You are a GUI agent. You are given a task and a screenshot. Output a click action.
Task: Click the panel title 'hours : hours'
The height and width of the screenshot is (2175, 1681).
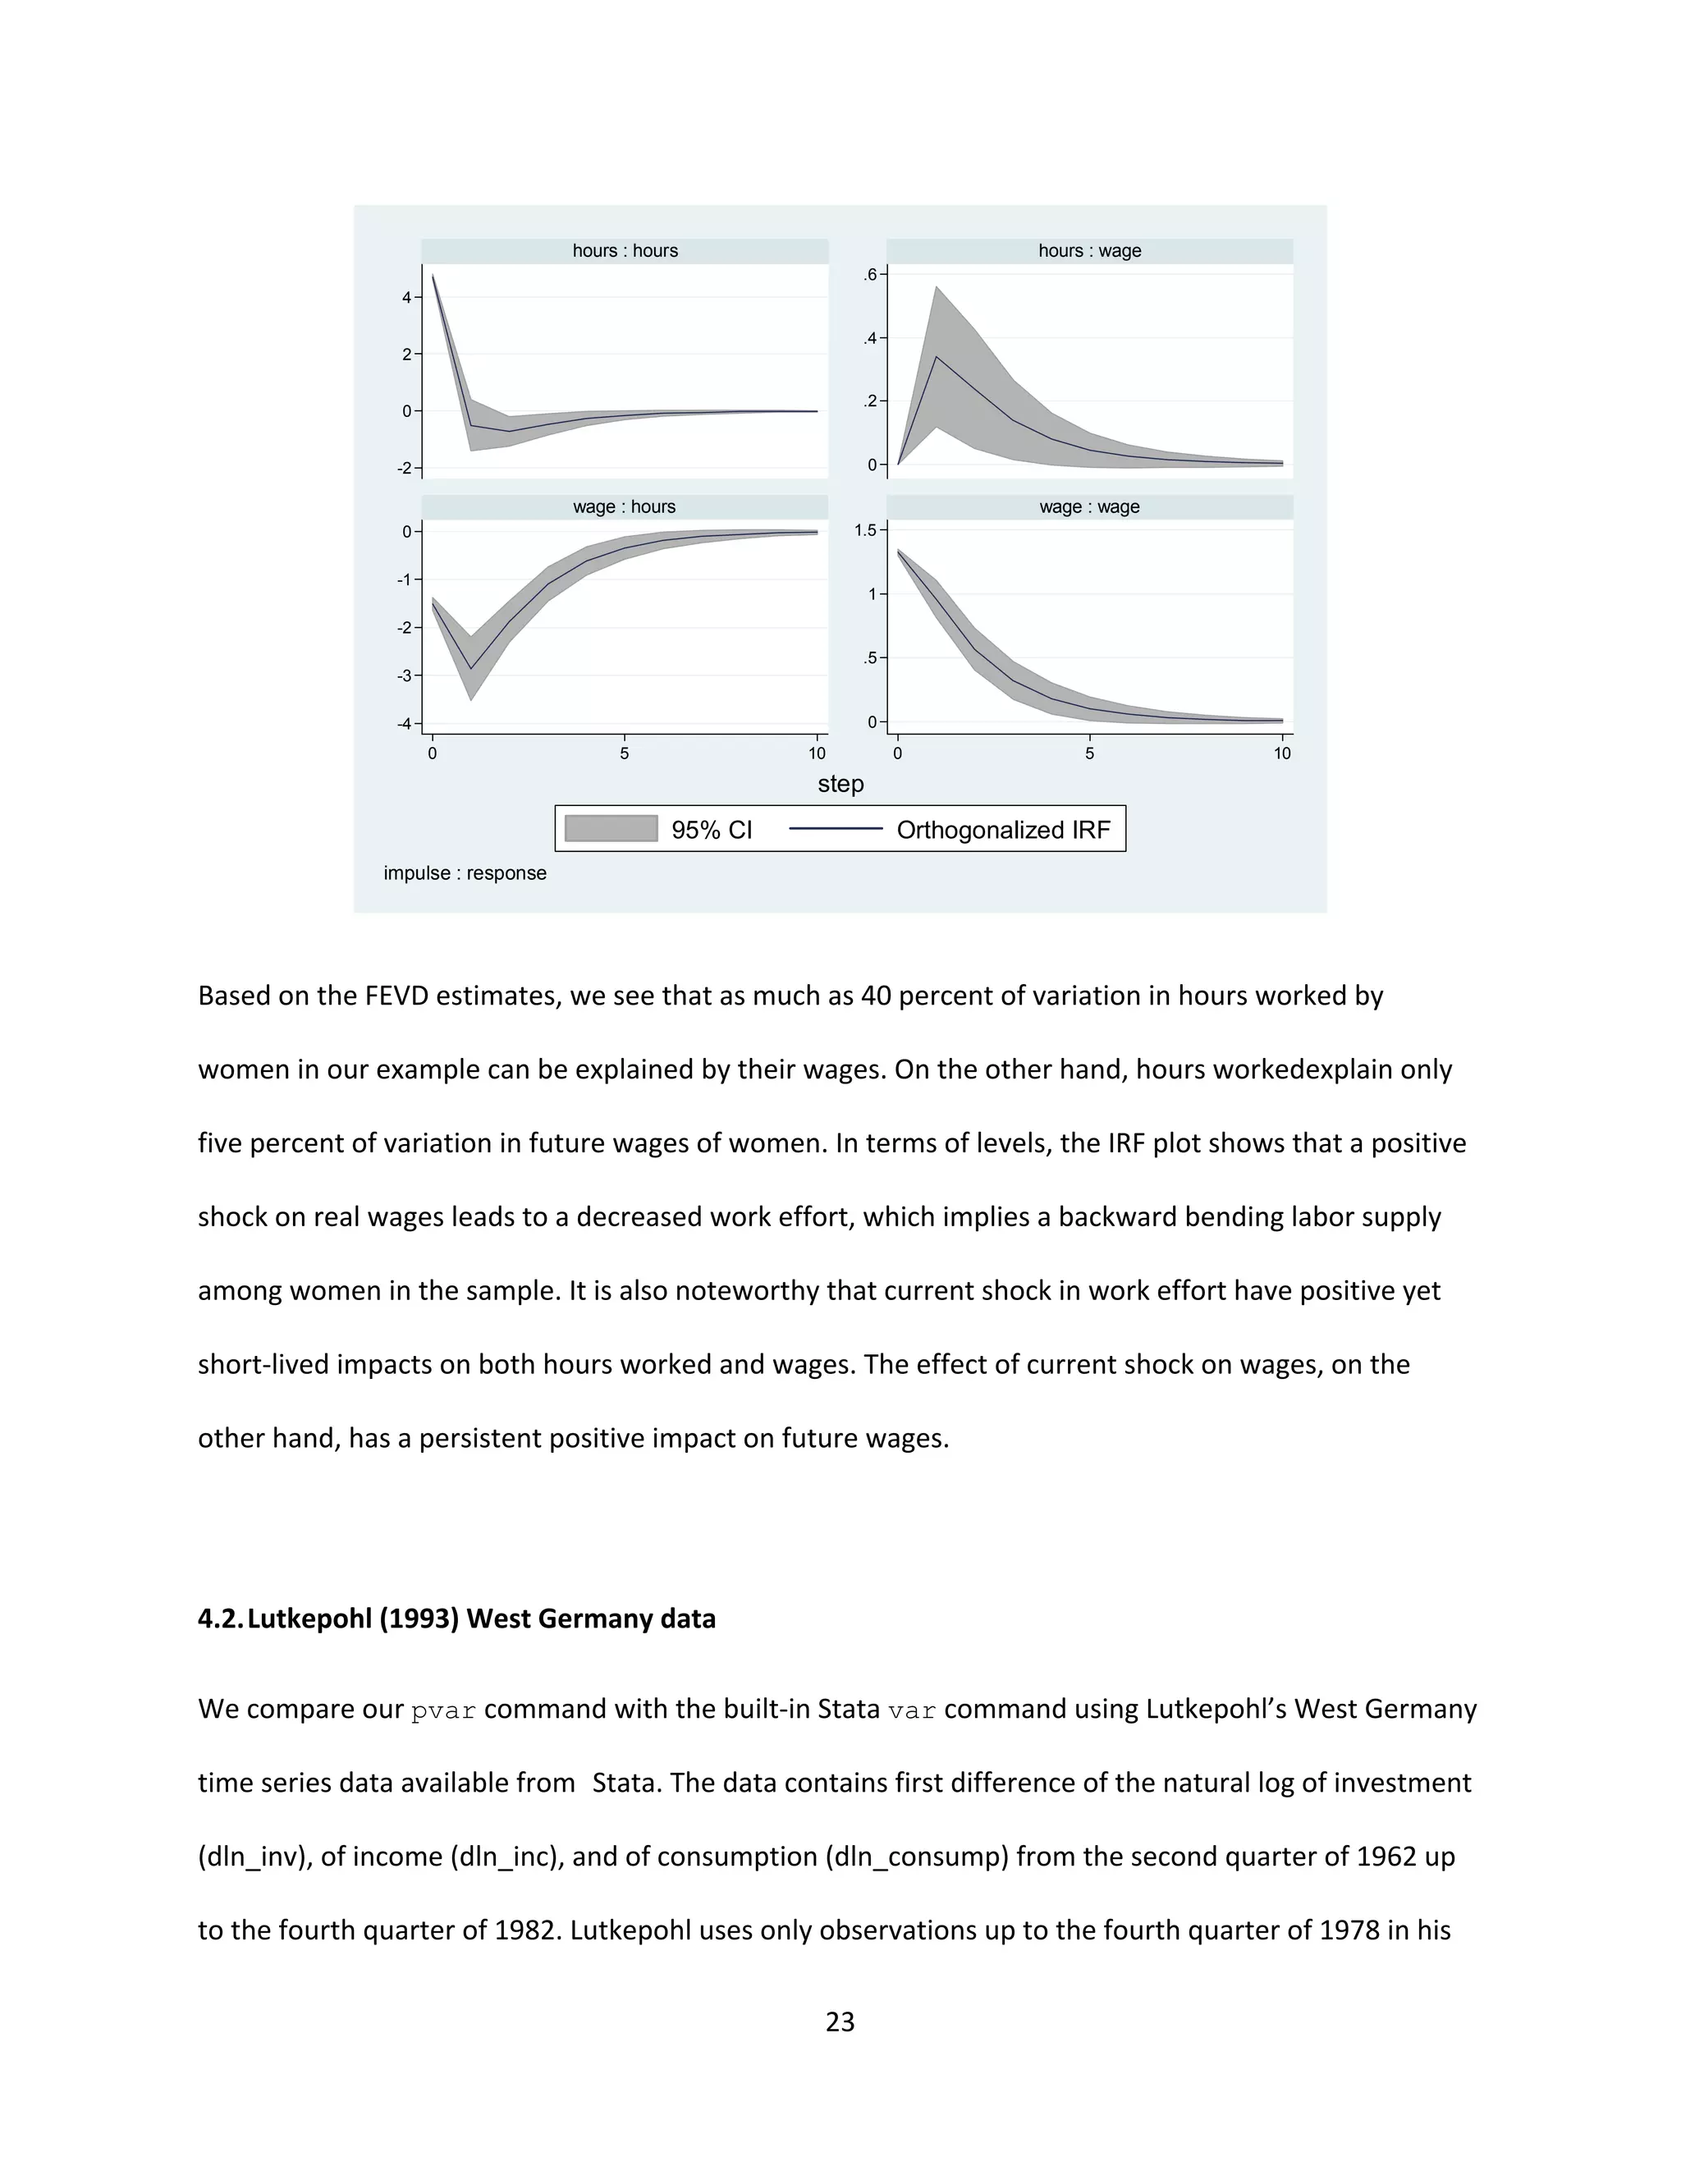point(625,251)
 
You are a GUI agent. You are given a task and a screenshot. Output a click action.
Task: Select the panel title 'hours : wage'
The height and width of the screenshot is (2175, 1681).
point(1089,251)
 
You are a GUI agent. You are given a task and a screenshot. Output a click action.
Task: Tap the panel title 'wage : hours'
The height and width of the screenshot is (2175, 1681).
point(625,507)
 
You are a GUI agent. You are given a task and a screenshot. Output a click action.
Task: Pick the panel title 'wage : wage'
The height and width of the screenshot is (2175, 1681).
point(1089,507)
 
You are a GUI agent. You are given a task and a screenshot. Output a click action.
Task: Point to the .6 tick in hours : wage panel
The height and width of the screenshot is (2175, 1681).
point(870,275)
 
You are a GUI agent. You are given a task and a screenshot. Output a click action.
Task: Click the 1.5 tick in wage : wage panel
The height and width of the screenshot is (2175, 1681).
point(865,530)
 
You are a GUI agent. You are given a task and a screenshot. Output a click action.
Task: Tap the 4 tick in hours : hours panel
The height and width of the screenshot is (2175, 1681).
point(406,297)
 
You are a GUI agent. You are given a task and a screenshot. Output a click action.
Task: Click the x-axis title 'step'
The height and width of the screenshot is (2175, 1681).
point(840,784)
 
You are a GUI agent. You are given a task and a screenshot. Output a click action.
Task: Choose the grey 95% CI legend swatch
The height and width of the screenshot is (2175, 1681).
point(611,829)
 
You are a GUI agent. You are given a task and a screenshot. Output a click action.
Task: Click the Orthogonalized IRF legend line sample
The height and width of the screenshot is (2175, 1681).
point(836,829)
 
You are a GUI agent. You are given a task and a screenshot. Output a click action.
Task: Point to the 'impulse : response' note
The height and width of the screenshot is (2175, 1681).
point(465,873)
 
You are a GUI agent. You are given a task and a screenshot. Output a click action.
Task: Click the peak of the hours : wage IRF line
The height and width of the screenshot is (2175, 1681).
point(936,356)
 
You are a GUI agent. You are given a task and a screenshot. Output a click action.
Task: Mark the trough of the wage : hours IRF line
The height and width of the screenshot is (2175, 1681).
point(471,669)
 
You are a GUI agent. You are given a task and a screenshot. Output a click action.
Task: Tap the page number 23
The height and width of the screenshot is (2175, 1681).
point(840,2022)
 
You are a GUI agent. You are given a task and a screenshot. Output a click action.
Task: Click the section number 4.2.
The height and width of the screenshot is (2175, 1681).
point(219,1619)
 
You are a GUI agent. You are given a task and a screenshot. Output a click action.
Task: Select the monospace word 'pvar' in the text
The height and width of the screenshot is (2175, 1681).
point(443,1710)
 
